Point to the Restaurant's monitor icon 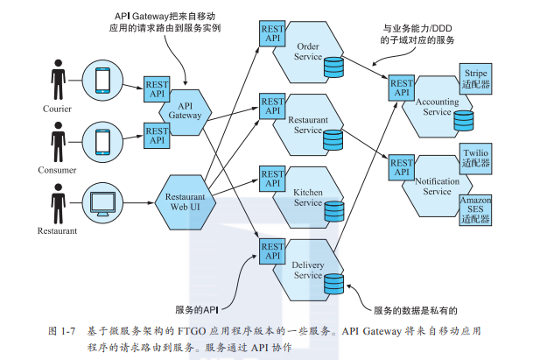pyautogui.click(x=102, y=203)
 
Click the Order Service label pyautogui.click(x=307, y=52)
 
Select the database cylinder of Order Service pyautogui.click(x=333, y=67)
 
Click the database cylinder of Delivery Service pyautogui.click(x=333, y=284)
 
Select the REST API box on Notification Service pyautogui.click(x=402, y=168)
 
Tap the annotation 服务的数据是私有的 pyautogui.click(x=415, y=310)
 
